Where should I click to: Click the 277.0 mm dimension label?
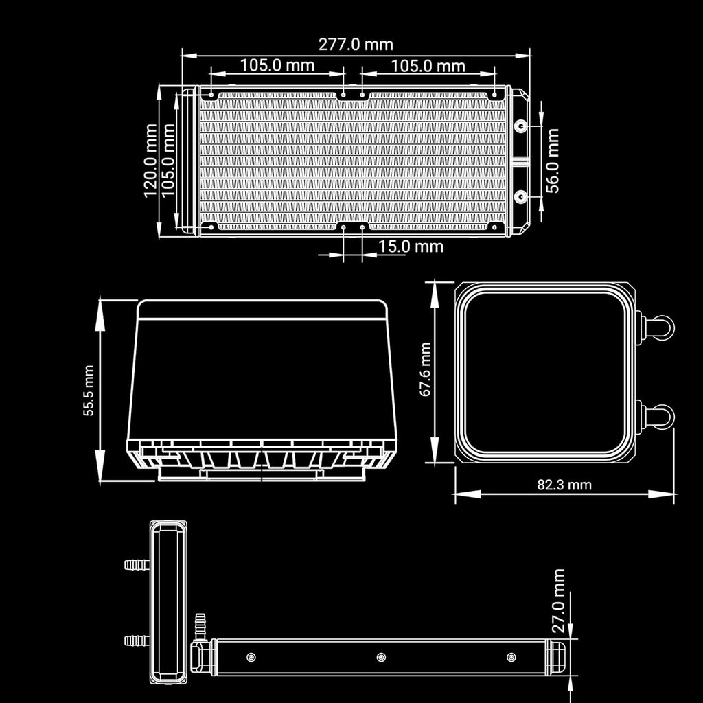[356, 45]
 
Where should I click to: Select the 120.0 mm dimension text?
[151, 161]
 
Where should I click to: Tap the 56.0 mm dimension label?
[553, 161]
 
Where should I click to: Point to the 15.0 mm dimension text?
[411, 246]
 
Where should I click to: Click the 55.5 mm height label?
[89, 391]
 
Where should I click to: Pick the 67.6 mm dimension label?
[425, 369]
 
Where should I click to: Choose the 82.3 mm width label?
[564, 485]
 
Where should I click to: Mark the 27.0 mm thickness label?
[558, 601]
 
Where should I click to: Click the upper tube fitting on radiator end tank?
[520, 126]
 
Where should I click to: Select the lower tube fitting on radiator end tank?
[520, 196]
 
